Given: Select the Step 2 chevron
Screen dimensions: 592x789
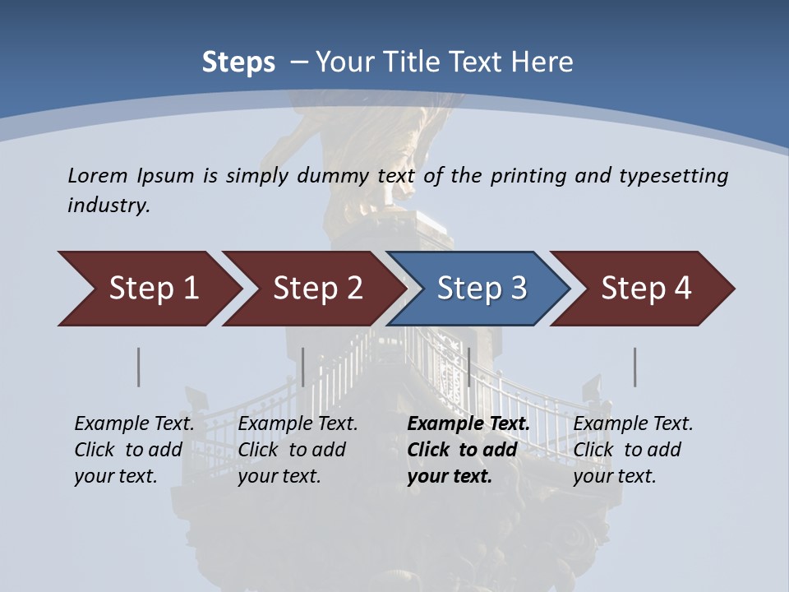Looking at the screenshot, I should pyautogui.click(x=317, y=289).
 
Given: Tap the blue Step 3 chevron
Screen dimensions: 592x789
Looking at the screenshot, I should pyautogui.click(x=482, y=289).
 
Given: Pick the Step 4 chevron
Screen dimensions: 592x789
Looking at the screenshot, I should pyautogui.click(x=646, y=289).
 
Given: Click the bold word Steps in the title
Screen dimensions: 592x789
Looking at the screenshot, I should pyautogui.click(x=238, y=62).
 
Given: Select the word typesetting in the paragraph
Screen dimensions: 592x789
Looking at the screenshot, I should pyautogui.click(x=673, y=175).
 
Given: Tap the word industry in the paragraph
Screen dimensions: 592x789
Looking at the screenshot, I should pyautogui.click(x=108, y=206).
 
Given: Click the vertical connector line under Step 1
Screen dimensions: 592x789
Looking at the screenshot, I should pyautogui.click(x=139, y=367).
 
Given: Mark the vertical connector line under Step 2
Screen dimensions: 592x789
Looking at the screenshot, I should pyautogui.click(x=303, y=367).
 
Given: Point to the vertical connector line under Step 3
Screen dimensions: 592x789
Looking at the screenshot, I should pyautogui.click(x=468, y=367).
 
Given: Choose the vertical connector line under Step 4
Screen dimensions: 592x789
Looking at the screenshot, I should pyautogui.click(x=634, y=367).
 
